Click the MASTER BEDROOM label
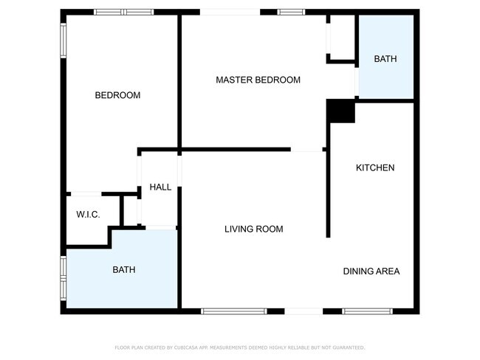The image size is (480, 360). (258, 80)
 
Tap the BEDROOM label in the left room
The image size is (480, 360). (117, 95)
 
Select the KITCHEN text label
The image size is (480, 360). (375, 168)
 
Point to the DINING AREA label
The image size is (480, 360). (371, 271)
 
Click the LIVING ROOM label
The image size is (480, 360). (253, 229)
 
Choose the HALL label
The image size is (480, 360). (160, 187)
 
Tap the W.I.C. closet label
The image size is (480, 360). (88, 215)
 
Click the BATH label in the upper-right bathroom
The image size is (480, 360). (385, 59)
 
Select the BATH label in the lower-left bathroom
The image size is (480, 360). (123, 270)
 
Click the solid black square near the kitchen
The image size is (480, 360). (340, 111)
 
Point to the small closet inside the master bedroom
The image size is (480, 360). (340, 37)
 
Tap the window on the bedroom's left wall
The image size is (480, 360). (64, 41)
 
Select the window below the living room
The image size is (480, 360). (233, 311)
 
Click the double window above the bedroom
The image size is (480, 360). (123, 13)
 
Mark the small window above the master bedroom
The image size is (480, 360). (291, 13)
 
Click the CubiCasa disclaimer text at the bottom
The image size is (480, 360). (239, 347)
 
